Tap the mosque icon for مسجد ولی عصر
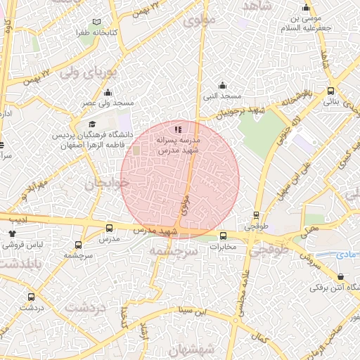(x=108, y=92)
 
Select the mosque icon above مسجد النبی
(x=223, y=85)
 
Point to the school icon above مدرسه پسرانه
(x=178, y=129)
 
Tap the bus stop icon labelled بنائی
(x=330, y=91)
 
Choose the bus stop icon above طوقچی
(x=256, y=216)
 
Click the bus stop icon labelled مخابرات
(x=224, y=236)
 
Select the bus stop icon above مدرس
(x=108, y=228)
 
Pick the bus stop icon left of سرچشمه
(x=77, y=245)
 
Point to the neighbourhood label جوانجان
(x=108, y=185)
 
